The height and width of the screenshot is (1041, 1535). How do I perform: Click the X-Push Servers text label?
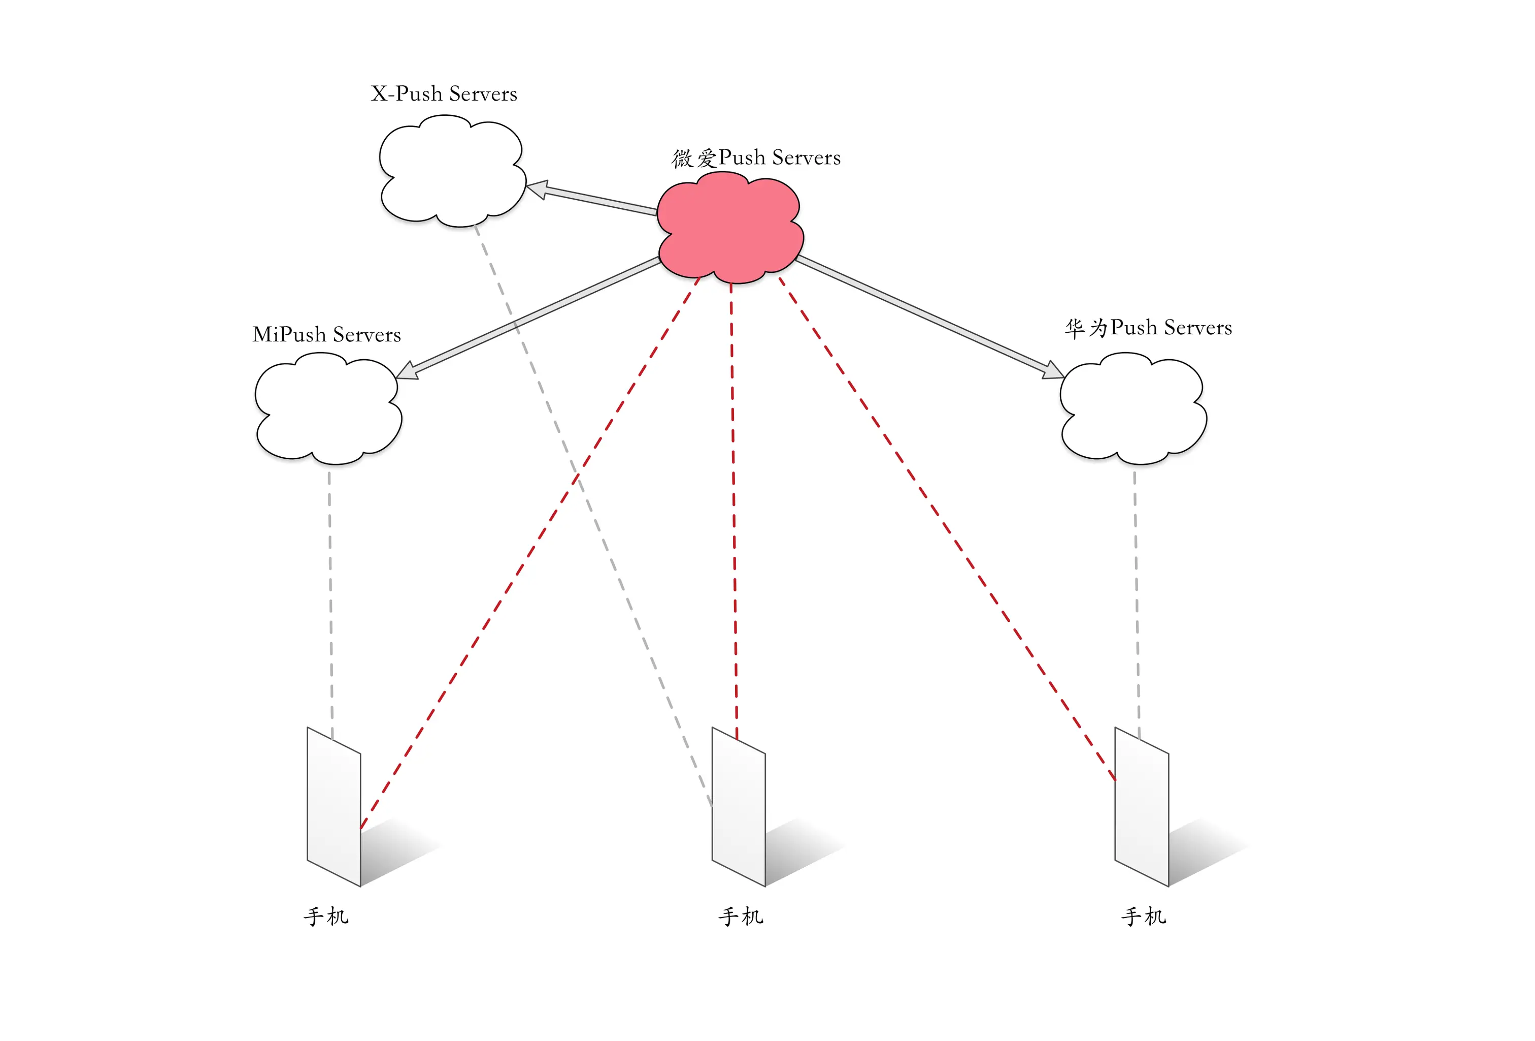[x=444, y=94]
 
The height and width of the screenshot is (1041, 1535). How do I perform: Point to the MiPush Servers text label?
[x=326, y=334]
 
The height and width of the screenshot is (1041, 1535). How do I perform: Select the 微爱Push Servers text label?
[x=756, y=158]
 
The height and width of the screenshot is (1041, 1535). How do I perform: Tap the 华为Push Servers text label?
[x=1148, y=328]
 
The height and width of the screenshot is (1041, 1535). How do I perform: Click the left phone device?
[x=334, y=806]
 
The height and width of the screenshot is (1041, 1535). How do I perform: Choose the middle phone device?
[x=739, y=806]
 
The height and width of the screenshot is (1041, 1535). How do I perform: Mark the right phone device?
[x=1141, y=806]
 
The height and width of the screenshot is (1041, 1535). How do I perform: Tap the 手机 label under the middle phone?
[x=741, y=916]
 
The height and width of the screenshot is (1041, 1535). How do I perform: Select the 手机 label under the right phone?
[x=1143, y=916]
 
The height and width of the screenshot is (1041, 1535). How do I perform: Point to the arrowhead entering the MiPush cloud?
[x=406, y=371]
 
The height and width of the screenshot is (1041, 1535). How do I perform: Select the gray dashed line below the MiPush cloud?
[x=330, y=595]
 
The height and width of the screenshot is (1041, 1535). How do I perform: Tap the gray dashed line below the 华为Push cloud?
[x=1136, y=595]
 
